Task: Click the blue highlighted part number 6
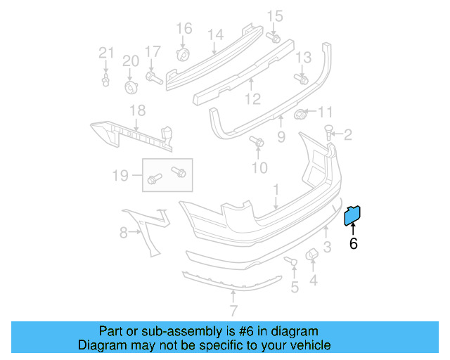(x=352, y=214)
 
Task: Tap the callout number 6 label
(x=353, y=244)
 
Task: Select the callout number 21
(x=105, y=53)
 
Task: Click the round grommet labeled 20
(x=130, y=86)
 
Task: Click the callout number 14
(x=215, y=34)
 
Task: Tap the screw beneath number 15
(x=274, y=37)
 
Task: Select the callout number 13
(x=302, y=57)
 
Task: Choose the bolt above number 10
(x=257, y=143)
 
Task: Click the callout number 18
(x=137, y=110)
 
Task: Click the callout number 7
(x=233, y=310)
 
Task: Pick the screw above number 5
(x=289, y=262)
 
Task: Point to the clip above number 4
(x=310, y=256)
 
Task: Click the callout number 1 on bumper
(x=276, y=189)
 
